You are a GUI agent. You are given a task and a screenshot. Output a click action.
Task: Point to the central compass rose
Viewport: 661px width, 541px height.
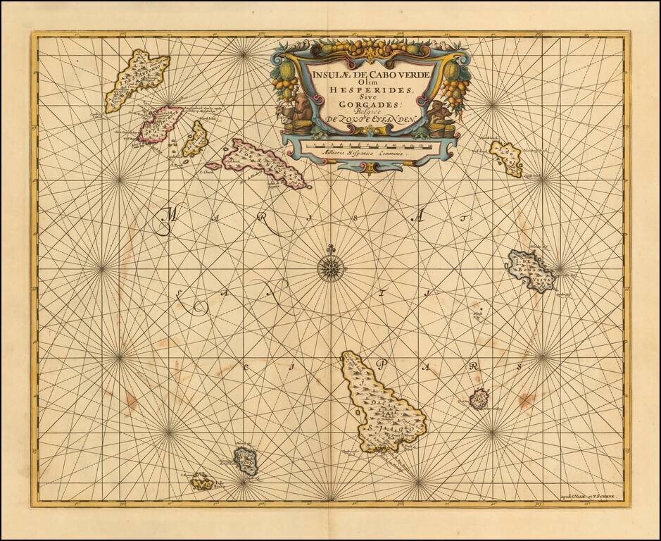pyautogui.click(x=329, y=268)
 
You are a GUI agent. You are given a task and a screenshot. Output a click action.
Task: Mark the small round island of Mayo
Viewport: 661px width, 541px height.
pyautogui.click(x=480, y=399)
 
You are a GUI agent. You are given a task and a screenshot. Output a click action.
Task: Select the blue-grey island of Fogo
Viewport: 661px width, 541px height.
pyautogui.click(x=246, y=461)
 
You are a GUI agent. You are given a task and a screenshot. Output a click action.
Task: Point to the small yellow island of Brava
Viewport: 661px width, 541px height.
pyautogui.click(x=202, y=482)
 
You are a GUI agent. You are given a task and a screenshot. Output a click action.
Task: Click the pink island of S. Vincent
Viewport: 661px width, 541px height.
pyautogui.click(x=160, y=124)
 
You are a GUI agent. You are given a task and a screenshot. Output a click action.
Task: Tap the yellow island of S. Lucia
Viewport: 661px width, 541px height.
pyautogui.click(x=194, y=139)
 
